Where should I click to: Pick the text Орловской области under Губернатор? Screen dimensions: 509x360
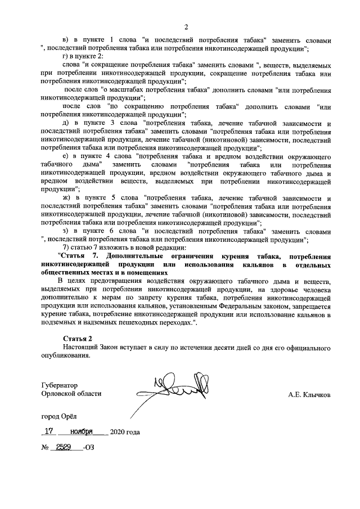click(71, 394)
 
